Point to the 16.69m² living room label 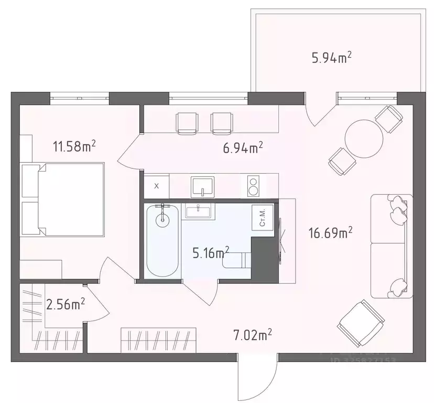(330, 232)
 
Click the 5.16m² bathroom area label (211, 253)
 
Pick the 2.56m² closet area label (66, 304)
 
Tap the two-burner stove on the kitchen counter (254, 186)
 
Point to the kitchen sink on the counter (203, 185)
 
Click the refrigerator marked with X (157, 186)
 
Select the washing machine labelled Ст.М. (263, 216)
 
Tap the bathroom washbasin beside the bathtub (199, 211)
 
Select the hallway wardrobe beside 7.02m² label (158, 340)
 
